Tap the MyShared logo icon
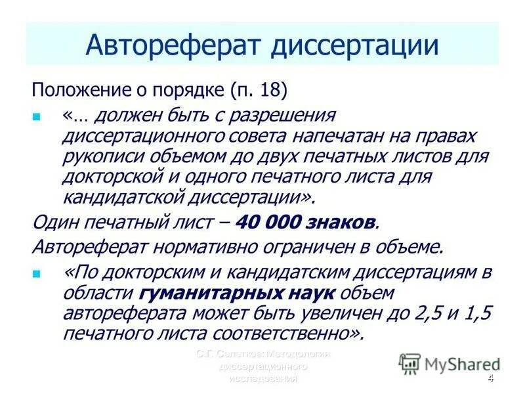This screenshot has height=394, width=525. pos(410,363)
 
